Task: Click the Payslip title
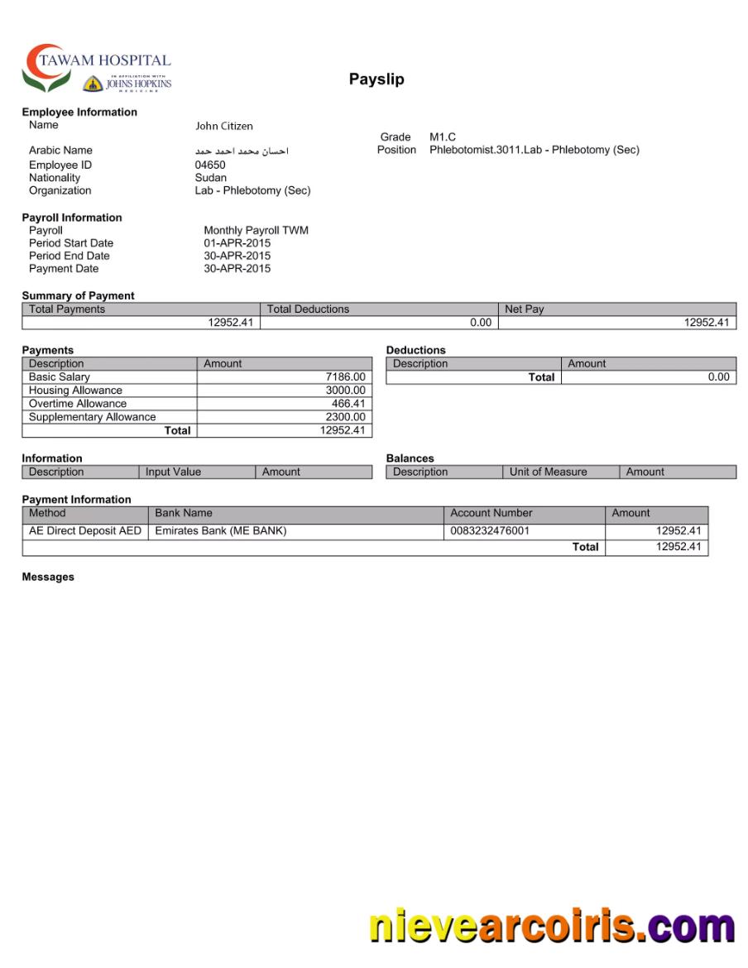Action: pos(376,79)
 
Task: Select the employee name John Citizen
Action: pos(224,126)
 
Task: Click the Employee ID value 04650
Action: pos(210,165)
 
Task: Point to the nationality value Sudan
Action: pos(210,177)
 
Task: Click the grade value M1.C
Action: pos(443,137)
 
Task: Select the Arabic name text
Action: pos(242,151)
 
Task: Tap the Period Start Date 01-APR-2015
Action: pos(237,243)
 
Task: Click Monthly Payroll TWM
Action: pos(256,230)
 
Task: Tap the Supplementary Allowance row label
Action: pos(92,417)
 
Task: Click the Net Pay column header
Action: pos(525,309)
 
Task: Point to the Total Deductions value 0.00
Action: pos(480,323)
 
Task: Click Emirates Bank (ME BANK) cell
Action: pos(221,531)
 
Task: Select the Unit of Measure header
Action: pos(548,472)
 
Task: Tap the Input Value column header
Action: pos(173,472)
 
